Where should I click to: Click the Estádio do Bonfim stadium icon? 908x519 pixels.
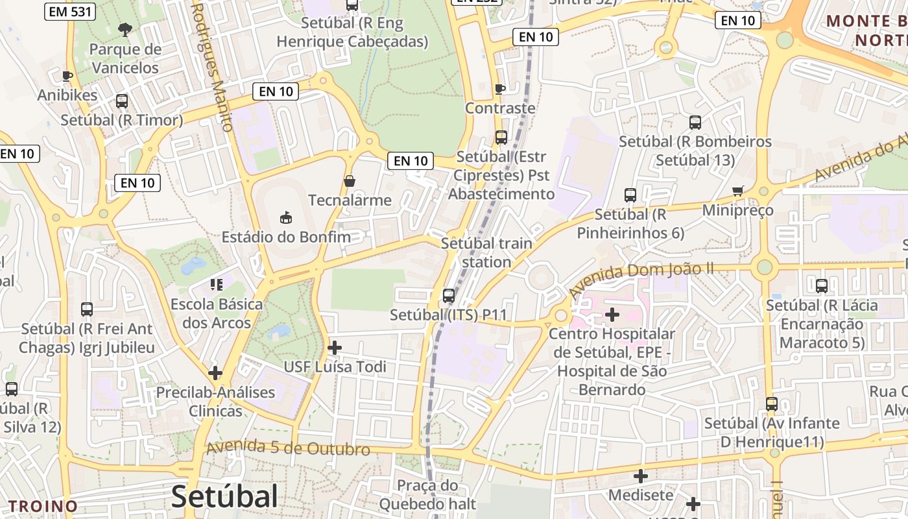point(285,217)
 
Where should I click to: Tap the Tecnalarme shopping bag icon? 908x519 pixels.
point(350,180)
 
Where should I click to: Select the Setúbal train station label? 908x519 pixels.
point(486,252)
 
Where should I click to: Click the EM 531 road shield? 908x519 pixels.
point(71,11)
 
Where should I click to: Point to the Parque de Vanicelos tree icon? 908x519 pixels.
point(125,29)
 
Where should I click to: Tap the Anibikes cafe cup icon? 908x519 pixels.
point(67,76)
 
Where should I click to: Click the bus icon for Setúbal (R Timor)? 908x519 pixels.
point(122,101)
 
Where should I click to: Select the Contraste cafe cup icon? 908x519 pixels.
point(500,88)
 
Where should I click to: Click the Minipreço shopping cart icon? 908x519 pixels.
point(737,191)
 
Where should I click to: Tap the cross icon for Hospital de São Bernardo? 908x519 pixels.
point(612,315)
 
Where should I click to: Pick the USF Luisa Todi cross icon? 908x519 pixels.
point(335,348)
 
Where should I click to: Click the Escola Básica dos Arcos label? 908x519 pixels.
point(217,313)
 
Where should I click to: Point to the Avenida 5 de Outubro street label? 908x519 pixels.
point(288,448)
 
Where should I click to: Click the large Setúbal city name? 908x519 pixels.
point(224,496)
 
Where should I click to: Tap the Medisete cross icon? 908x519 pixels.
point(641,476)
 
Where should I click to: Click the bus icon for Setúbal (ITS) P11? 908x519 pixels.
point(448,296)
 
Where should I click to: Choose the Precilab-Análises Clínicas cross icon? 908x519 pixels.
point(215,373)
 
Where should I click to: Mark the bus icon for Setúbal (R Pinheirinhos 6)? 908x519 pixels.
point(630,195)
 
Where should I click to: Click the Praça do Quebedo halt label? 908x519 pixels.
point(427,494)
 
